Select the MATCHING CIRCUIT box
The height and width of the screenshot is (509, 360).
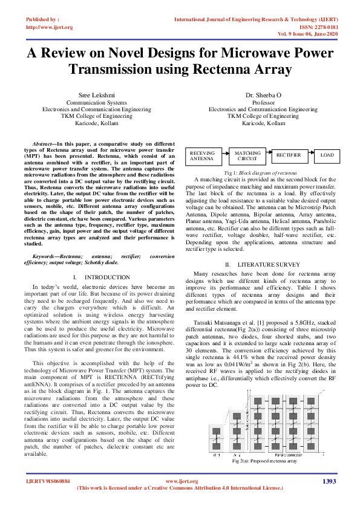tap(247, 157)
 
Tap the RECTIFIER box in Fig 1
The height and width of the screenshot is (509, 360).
tap(289, 155)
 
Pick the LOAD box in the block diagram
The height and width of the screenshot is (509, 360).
tap(327, 155)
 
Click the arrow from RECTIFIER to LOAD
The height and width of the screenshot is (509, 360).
tap(309, 155)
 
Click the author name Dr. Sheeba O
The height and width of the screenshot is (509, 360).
tap(263, 96)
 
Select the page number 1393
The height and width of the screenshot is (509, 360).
tap(329, 481)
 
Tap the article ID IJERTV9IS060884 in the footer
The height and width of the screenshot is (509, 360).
tap(48, 481)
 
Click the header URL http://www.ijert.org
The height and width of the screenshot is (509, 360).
tap(49, 27)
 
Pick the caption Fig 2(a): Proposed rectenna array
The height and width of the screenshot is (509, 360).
tap(265, 461)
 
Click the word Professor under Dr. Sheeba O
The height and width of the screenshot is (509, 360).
tap(263, 103)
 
